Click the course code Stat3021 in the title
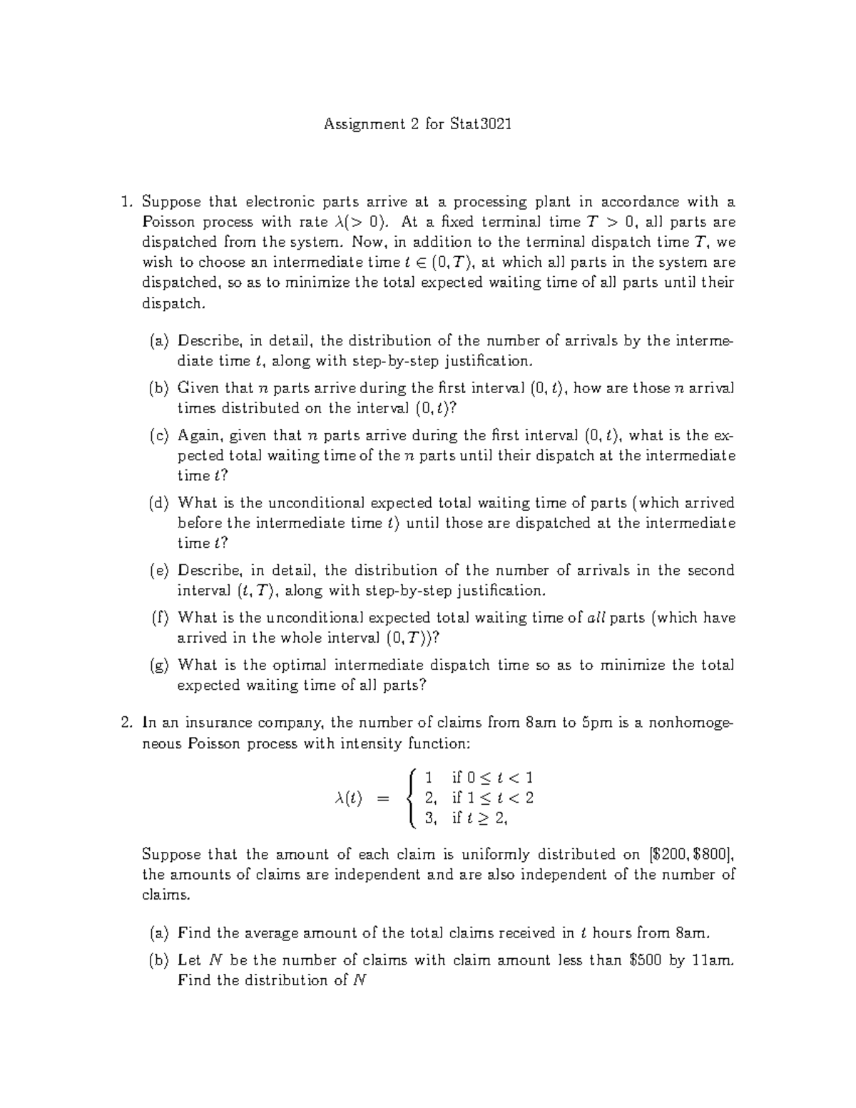[x=481, y=125]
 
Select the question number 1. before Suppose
[x=127, y=202]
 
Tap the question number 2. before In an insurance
[x=127, y=723]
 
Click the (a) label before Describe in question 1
[x=160, y=341]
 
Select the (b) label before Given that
[x=160, y=388]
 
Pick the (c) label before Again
[x=160, y=435]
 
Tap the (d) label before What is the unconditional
[x=160, y=503]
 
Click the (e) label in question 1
[x=160, y=571]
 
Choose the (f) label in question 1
[x=160, y=618]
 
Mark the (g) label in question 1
[x=160, y=666]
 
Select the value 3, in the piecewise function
[x=431, y=819]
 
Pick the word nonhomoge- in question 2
[x=690, y=723]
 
